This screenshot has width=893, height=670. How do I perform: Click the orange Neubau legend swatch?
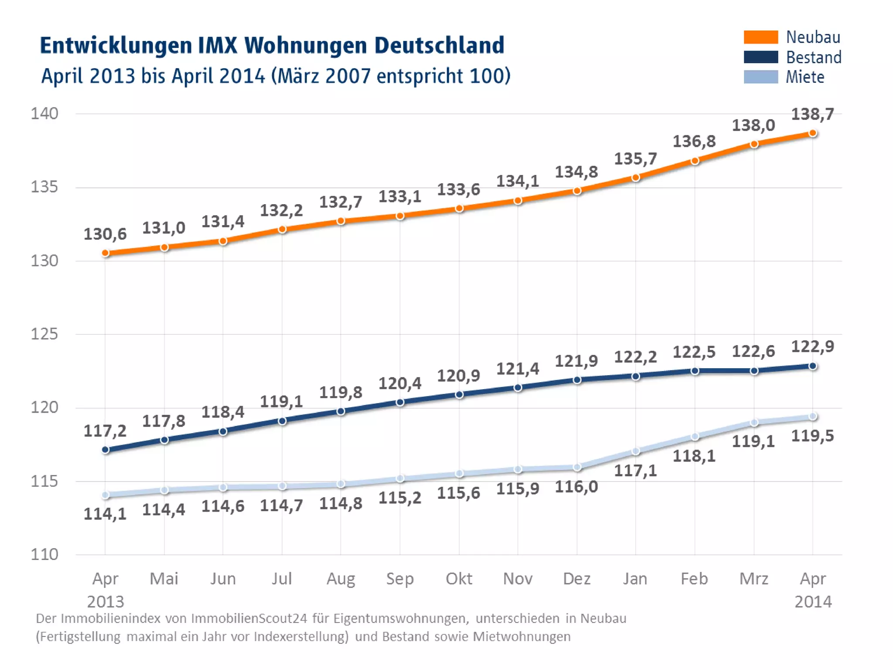click(760, 37)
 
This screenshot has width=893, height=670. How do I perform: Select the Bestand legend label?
click(813, 57)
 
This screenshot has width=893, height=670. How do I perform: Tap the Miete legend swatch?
click(760, 77)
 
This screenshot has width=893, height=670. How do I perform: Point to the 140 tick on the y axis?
click(44, 113)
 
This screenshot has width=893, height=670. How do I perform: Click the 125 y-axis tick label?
click(44, 334)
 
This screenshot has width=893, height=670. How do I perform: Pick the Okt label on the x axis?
click(459, 579)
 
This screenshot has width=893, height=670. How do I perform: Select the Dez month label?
click(576, 579)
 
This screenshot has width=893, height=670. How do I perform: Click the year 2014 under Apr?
click(813, 602)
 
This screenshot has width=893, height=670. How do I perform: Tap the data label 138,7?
click(812, 114)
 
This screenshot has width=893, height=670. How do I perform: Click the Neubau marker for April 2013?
click(106, 253)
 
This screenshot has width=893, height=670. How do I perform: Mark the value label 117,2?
click(105, 431)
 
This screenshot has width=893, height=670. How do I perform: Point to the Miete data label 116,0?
click(576, 487)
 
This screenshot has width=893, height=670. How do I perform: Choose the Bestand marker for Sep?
click(400, 402)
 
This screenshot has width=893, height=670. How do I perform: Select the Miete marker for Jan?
click(636, 451)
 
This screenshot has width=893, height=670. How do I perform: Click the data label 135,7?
click(635, 159)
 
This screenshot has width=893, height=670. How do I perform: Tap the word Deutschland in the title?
click(439, 45)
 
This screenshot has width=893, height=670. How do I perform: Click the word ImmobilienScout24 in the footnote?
click(249, 619)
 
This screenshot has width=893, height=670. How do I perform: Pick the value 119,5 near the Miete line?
click(812, 436)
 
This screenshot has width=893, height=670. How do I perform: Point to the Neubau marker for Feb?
click(695, 161)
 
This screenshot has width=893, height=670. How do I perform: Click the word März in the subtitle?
click(298, 76)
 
